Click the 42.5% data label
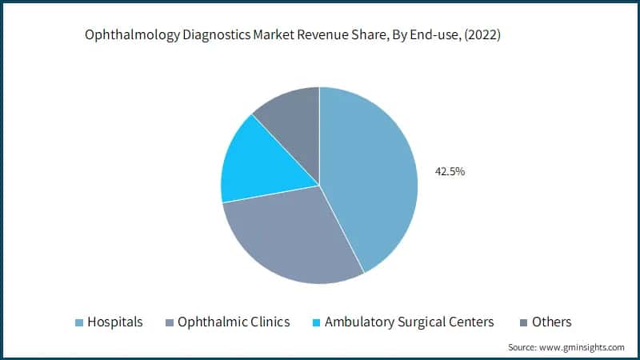pos(449,170)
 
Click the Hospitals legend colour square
pos(79,322)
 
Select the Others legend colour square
pos(522,322)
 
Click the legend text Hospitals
pos(116,322)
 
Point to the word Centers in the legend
pos(471,322)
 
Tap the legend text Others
pos(552,322)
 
